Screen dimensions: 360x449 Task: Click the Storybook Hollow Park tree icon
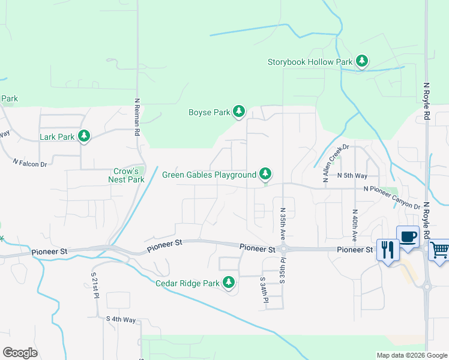(x=361, y=61)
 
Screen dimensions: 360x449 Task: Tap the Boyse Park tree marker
(x=239, y=112)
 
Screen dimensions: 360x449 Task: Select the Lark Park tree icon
(x=85, y=136)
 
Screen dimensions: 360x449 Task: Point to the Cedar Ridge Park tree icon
(x=228, y=283)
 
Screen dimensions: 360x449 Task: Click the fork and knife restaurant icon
(x=387, y=248)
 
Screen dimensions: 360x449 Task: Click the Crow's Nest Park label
(x=126, y=175)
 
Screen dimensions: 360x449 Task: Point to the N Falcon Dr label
(x=30, y=163)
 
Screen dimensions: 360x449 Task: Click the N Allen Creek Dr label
(x=335, y=163)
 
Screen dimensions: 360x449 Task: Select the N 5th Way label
(x=352, y=175)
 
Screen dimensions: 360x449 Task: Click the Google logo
(x=20, y=353)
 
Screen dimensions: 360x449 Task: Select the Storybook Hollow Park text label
(x=310, y=62)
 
